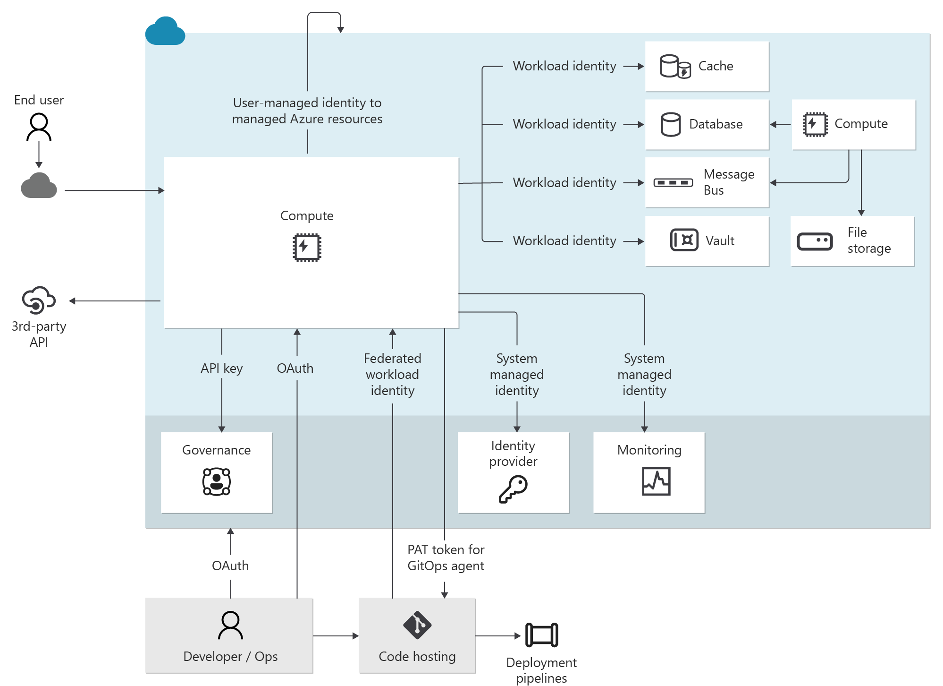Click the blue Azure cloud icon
pos(165,31)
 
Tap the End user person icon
pos(39,127)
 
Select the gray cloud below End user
pos(39,186)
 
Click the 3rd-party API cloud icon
pos(39,300)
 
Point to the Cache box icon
pos(675,67)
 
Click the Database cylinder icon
pos(671,125)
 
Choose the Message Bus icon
pos(673,183)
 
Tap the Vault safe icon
pos(684,240)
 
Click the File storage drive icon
pos(815,241)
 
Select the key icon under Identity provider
pos(513,489)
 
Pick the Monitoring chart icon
pos(656,481)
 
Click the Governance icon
pos(217,481)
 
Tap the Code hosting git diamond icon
pos(417,625)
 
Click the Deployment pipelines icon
pos(541,635)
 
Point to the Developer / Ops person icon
pos(230,625)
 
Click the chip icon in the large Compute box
pos(307,247)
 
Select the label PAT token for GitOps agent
pos(446,558)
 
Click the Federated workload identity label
pos(392,375)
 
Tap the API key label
pos(221,369)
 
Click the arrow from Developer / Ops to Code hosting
pos(336,636)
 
